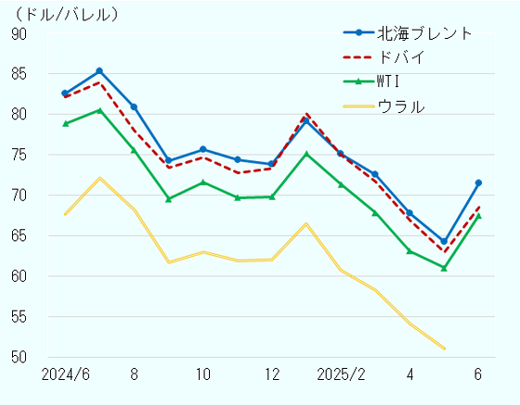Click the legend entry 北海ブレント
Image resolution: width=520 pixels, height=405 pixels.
click(x=425, y=32)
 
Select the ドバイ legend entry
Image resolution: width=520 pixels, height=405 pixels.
click(x=401, y=57)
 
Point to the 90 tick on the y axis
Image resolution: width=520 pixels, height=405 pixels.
click(x=19, y=33)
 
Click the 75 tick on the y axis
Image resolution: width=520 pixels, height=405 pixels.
click(x=19, y=155)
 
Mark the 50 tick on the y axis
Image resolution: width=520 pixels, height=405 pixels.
click(x=19, y=358)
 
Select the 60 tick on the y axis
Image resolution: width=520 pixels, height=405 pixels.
click(x=19, y=276)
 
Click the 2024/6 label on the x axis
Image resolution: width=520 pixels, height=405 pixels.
click(x=65, y=374)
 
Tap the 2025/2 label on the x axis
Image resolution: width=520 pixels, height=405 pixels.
click(x=341, y=374)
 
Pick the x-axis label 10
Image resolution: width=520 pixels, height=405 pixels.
click(x=203, y=374)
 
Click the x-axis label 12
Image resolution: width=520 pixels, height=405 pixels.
click(x=272, y=374)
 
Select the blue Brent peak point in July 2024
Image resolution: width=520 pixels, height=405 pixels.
click(x=99, y=70)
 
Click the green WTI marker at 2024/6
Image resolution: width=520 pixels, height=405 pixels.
click(x=65, y=123)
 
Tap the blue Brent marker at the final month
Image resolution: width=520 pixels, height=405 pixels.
click(x=478, y=183)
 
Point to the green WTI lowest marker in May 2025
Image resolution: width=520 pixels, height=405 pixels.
click(x=444, y=268)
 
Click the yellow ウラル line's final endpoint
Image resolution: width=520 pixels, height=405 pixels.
click(x=444, y=348)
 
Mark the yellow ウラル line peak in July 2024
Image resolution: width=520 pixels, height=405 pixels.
click(x=99, y=178)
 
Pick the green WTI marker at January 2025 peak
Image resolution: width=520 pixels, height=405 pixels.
click(x=306, y=154)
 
